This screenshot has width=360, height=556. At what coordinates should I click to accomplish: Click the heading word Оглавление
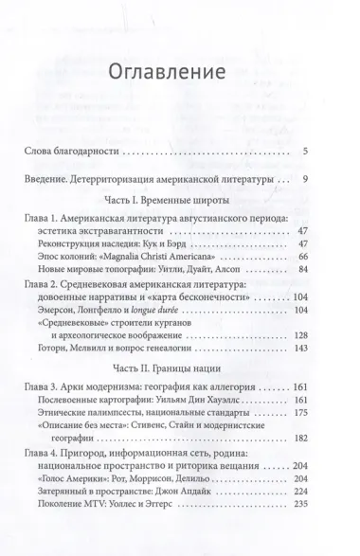tap(179, 72)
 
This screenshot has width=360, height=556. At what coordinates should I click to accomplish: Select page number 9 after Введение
tap(333, 180)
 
